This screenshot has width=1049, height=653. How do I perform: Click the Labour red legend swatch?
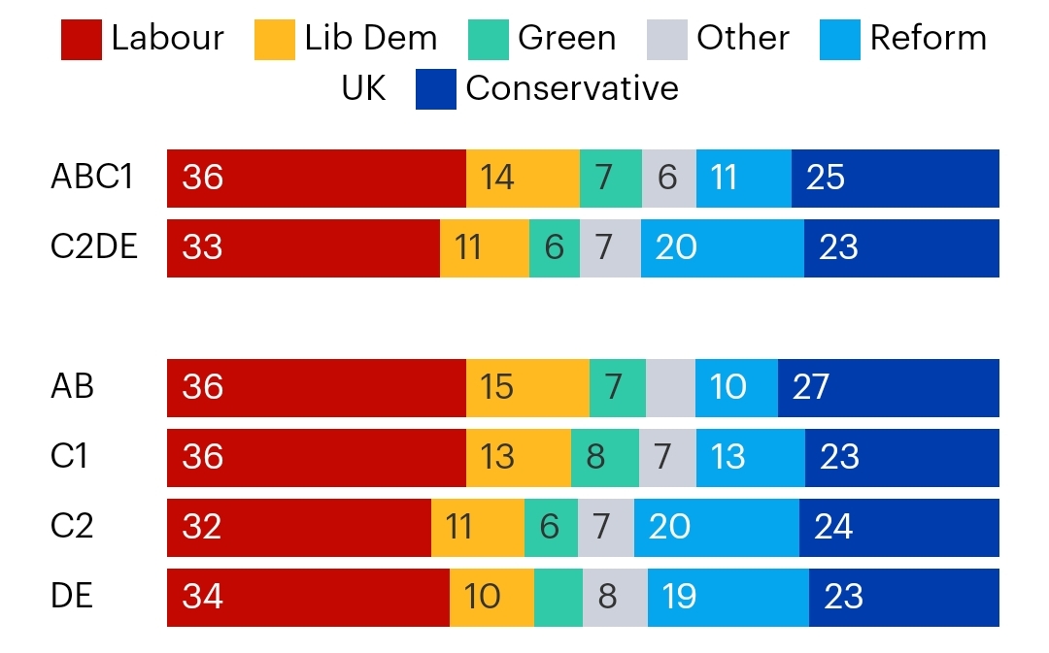81,40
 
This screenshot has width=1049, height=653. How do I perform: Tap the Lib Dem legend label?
371,38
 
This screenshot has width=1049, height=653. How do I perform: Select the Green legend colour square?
489,40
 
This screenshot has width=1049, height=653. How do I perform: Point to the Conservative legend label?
572,88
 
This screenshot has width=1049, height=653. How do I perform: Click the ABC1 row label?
92,178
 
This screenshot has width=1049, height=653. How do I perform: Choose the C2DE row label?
93,246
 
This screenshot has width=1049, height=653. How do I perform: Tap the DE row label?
72,596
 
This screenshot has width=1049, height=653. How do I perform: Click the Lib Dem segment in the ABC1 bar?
524,179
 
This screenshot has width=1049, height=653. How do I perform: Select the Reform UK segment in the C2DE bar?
723,248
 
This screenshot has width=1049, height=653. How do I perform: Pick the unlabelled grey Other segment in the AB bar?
671,388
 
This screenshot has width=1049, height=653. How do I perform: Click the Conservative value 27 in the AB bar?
811,387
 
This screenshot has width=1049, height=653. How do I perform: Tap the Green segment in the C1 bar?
605,458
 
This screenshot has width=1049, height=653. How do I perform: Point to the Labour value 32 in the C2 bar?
202,527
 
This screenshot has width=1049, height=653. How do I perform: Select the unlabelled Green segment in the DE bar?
558,598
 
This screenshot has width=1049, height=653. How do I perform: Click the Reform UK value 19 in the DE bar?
679,596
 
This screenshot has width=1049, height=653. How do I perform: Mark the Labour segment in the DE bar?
309,598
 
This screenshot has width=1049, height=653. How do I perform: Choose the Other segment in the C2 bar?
606,527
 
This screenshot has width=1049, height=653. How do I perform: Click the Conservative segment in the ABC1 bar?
896,179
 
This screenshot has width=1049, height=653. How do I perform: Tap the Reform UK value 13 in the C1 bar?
728,457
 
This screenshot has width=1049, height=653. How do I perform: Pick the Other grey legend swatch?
667,40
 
